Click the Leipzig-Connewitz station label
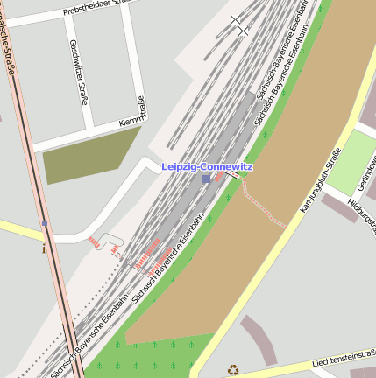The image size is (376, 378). tap(207, 166)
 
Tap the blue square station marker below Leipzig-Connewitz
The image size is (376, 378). tap(206, 178)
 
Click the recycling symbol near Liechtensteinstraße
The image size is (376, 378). tap(233, 369)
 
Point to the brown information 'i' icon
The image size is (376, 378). tap(44, 248)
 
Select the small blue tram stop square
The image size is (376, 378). tap(44, 223)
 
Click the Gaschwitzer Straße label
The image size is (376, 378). tap(79, 72)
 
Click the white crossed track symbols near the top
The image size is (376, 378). tap(238, 25)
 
